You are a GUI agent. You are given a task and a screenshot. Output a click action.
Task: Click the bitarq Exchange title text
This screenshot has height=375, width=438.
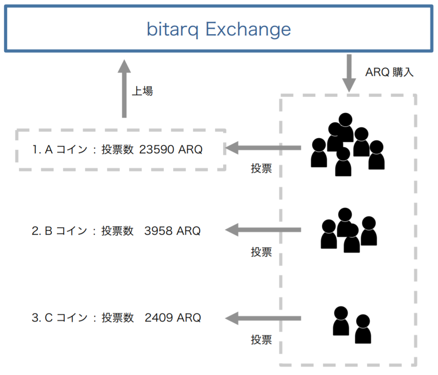[x=219, y=30]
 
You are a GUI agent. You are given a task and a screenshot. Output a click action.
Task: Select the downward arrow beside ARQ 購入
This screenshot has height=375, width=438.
[x=349, y=73]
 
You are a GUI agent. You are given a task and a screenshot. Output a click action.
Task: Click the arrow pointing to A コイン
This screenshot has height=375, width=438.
[x=264, y=147]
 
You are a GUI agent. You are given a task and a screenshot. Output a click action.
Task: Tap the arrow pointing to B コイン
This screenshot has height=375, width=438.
[x=264, y=230]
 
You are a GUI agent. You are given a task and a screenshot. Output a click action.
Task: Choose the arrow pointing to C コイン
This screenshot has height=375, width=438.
[x=264, y=318]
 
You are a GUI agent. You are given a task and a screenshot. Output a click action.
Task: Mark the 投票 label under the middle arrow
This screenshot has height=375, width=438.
[x=261, y=252]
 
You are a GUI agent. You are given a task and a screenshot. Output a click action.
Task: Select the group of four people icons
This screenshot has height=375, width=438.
[x=348, y=230]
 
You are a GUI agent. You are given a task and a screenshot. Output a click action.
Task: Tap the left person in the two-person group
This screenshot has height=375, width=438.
[x=341, y=321]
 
